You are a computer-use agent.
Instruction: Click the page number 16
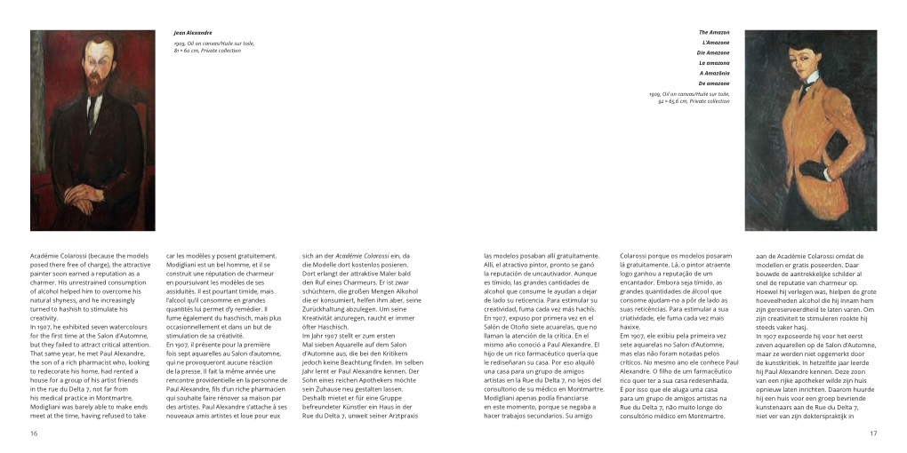pyautogui.click(x=34, y=433)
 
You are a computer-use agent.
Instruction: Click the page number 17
pyautogui.click(x=873, y=433)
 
